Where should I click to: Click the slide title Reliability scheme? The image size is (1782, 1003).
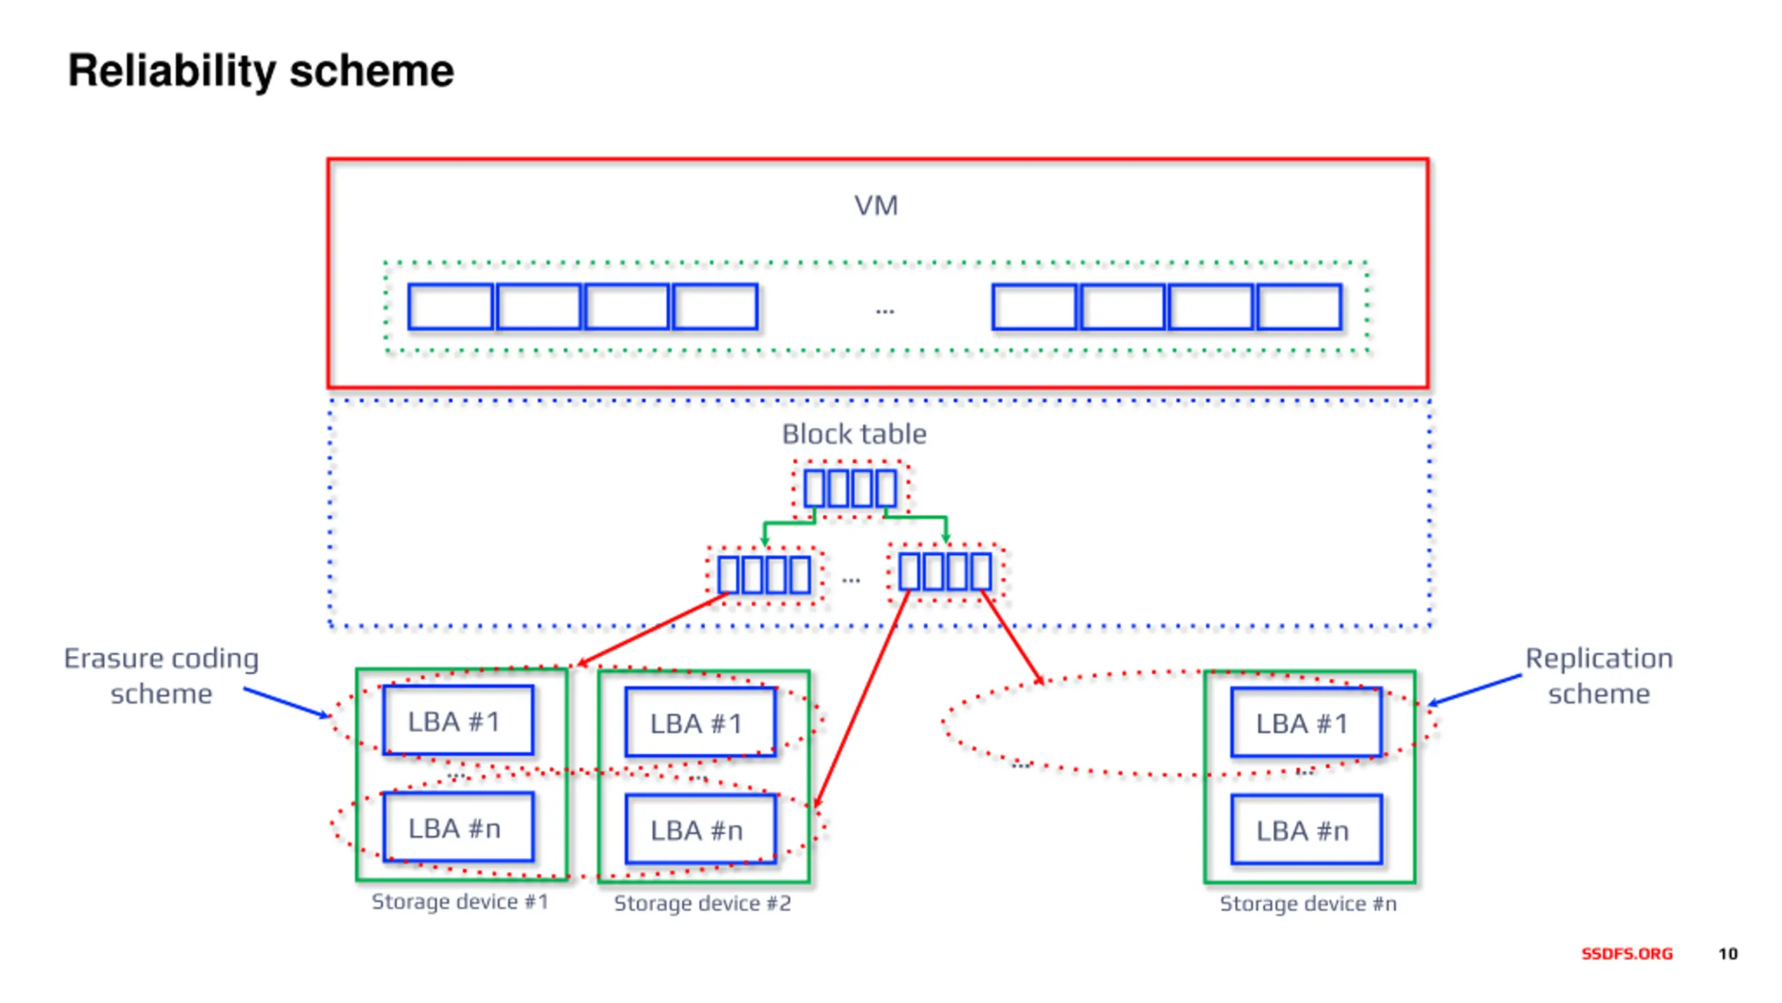(x=260, y=72)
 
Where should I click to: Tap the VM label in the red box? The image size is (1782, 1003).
(x=876, y=205)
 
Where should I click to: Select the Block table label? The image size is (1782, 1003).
(x=854, y=434)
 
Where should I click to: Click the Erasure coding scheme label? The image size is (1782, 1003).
(x=161, y=676)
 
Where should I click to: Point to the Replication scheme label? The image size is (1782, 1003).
(x=1599, y=676)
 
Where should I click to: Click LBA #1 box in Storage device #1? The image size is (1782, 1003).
(x=459, y=720)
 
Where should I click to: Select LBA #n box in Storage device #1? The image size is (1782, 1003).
(x=459, y=827)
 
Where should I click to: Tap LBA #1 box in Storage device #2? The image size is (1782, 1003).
(x=700, y=722)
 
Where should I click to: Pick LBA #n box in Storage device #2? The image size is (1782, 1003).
(x=700, y=829)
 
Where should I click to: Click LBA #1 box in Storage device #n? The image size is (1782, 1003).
(x=1307, y=722)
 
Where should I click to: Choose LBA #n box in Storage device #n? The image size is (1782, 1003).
(x=1307, y=829)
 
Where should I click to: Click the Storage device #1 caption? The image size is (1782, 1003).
(x=460, y=901)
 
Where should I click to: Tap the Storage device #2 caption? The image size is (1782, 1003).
(x=702, y=903)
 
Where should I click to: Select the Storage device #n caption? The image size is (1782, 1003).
(x=1308, y=903)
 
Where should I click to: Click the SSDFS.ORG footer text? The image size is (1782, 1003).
(x=1627, y=954)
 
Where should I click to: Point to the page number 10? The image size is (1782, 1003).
(x=1728, y=954)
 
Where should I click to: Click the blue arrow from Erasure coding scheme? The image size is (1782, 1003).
(x=286, y=703)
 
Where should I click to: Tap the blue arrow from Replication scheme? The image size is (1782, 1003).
(x=1474, y=690)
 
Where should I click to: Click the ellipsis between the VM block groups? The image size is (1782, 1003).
(x=885, y=311)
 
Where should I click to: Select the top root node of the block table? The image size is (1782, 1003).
(x=851, y=488)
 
